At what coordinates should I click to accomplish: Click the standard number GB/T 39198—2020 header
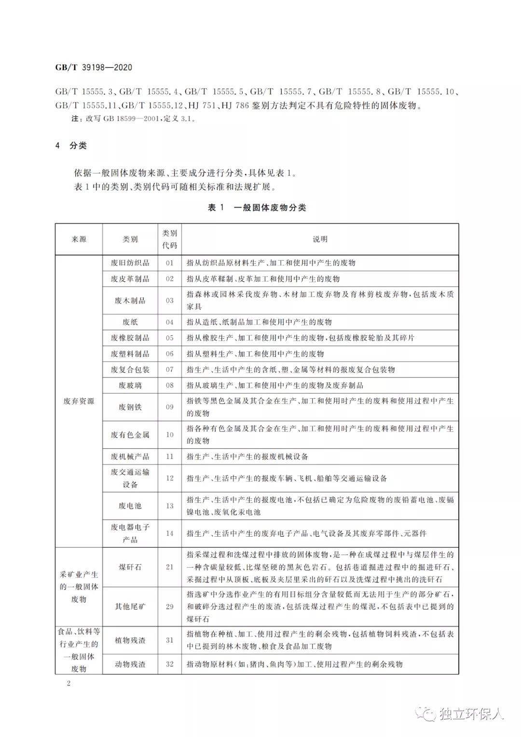pyautogui.click(x=94, y=68)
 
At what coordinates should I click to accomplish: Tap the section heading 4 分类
pyautogui.click(x=71, y=145)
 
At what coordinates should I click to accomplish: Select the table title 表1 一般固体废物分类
pyautogui.click(x=257, y=208)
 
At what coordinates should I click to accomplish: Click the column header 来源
pyautogui.click(x=79, y=239)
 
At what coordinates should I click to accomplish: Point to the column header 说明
pyautogui.click(x=320, y=239)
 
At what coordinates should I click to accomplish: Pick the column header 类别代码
pyautogui.click(x=169, y=239)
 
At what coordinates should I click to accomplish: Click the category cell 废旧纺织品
pyautogui.click(x=130, y=263)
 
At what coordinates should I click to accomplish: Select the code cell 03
pyautogui.click(x=169, y=300)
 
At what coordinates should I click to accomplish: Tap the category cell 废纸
pyautogui.click(x=130, y=322)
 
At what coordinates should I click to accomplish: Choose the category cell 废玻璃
pyautogui.click(x=130, y=385)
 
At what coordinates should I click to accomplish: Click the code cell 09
pyautogui.click(x=169, y=407)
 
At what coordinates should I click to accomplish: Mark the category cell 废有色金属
pyautogui.click(x=130, y=434)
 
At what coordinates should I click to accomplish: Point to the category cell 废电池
pyautogui.click(x=130, y=506)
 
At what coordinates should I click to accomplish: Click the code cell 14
pyautogui.click(x=169, y=533)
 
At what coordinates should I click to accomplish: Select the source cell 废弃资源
pyautogui.click(x=79, y=401)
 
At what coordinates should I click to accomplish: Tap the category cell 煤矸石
pyautogui.click(x=130, y=567)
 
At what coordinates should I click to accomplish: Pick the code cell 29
pyautogui.click(x=169, y=607)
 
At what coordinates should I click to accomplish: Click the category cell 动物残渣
pyautogui.click(x=130, y=664)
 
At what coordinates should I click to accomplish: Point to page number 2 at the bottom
pyautogui.click(x=69, y=683)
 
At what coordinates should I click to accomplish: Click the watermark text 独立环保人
pyautogui.click(x=470, y=713)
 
